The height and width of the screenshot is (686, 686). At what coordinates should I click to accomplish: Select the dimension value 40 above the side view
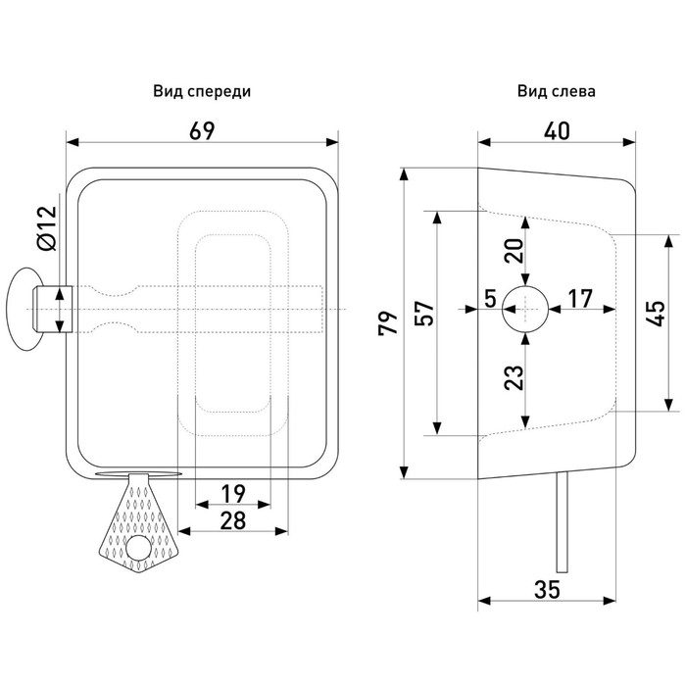pyautogui.click(x=556, y=131)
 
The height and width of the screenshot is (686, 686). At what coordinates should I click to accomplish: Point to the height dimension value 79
pyautogui.click(x=389, y=323)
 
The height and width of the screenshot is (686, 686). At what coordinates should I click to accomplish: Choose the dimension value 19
pyautogui.click(x=231, y=492)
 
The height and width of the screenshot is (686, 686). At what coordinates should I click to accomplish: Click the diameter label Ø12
pyautogui.click(x=46, y=228)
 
